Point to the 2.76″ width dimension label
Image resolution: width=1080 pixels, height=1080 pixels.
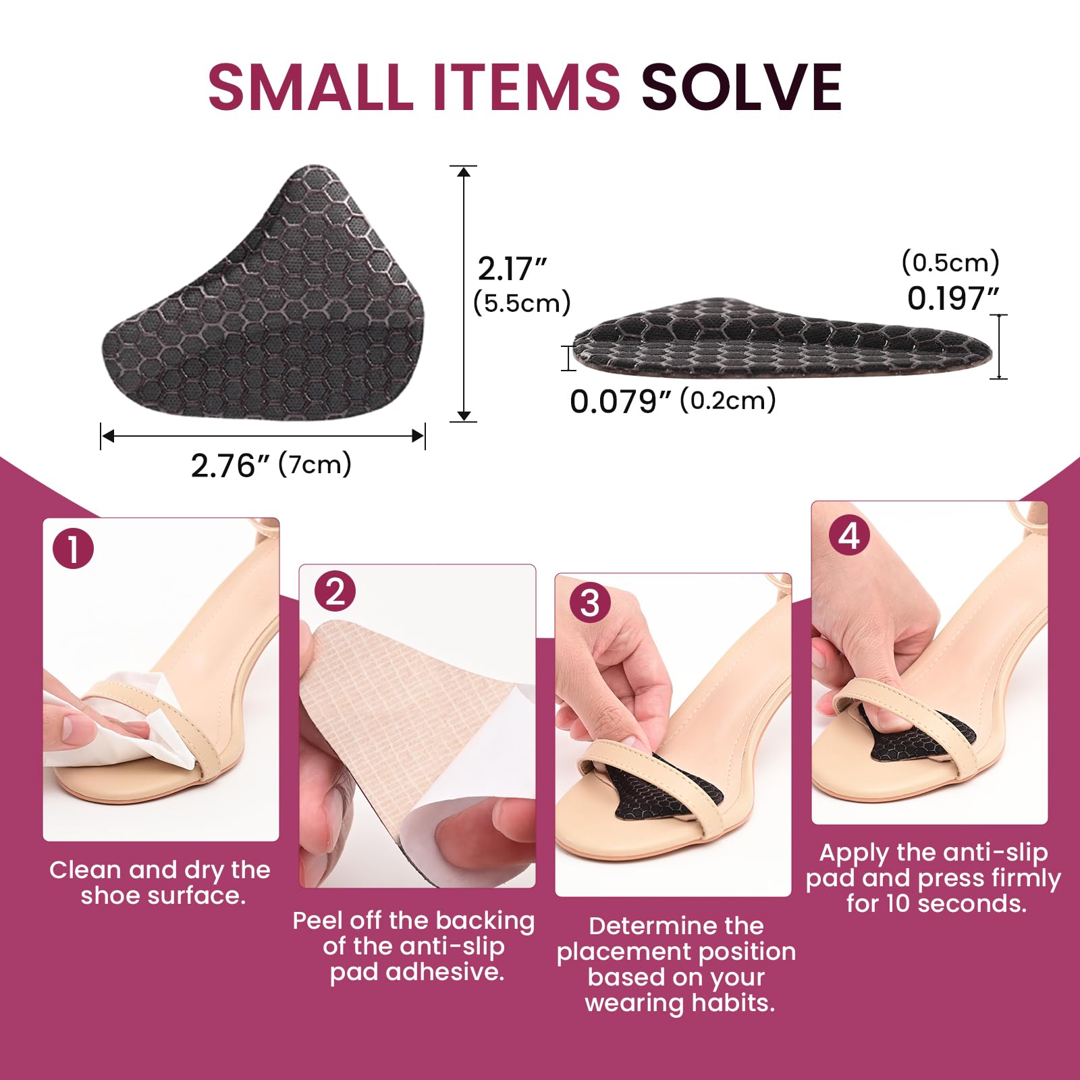[230, 466]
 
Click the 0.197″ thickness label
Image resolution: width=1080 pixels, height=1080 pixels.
[952, 298]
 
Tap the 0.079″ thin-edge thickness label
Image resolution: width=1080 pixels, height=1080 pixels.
[620, 402]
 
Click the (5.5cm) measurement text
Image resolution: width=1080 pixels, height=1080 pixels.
[522, 302]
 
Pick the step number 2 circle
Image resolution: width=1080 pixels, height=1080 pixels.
[335, 591]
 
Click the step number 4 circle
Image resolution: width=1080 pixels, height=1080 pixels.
[849, 537]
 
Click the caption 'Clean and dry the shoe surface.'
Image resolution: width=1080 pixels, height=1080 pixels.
[161, 883]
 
